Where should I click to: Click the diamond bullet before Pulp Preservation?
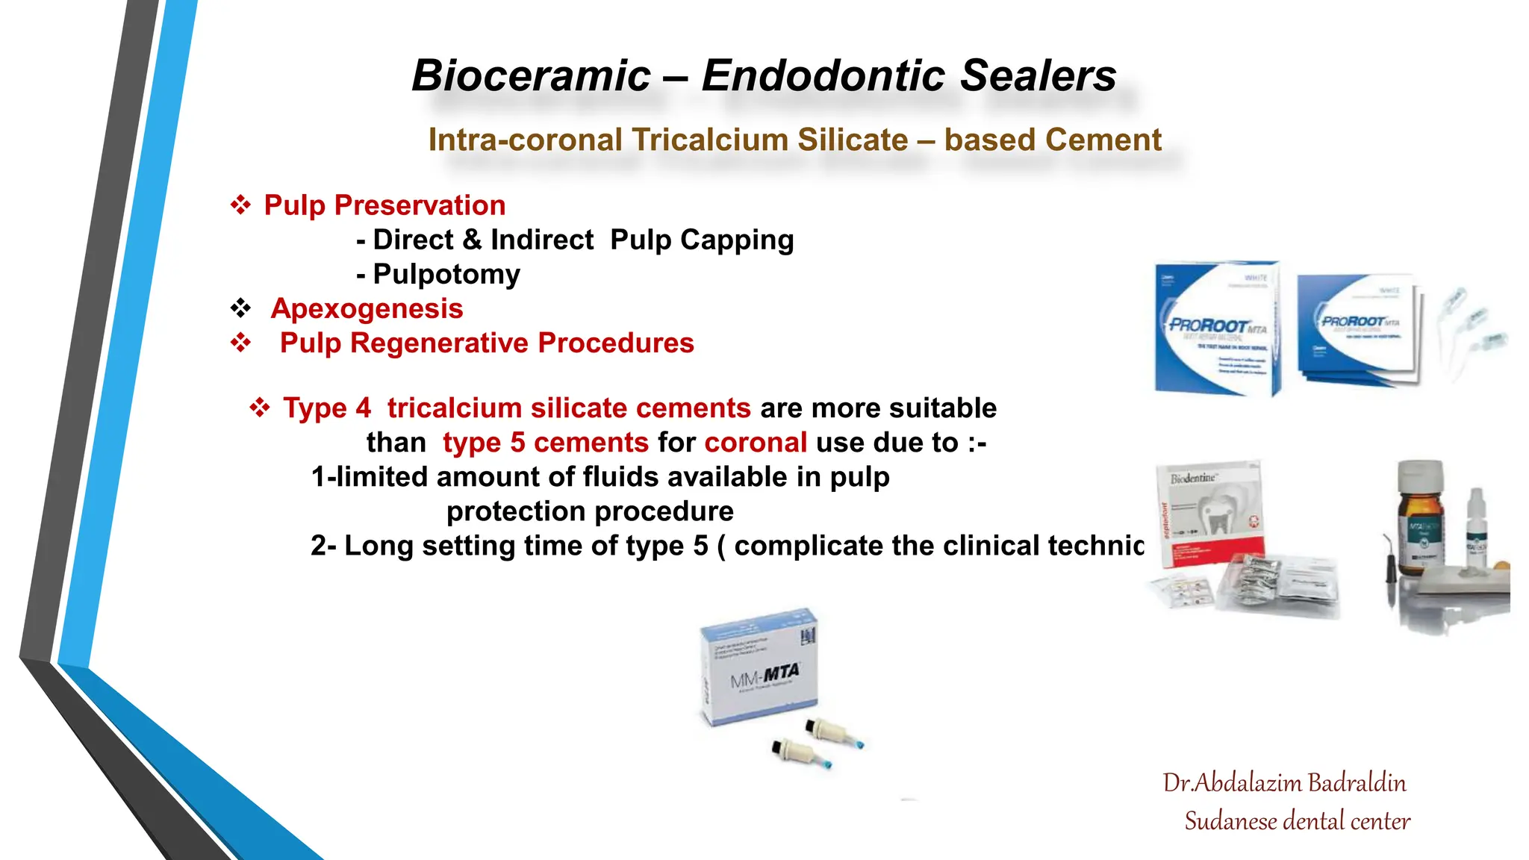[240, 205]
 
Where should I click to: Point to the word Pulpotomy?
[446, 274]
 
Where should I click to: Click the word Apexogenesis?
[367, 308]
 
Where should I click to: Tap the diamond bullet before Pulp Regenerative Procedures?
[240, 343]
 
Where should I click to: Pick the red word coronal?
[756, 443]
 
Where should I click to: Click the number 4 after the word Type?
[363, 408]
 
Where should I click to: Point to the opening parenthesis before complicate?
[720, 546]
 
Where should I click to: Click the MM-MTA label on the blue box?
[764, 676]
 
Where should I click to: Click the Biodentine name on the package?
[1193, 478]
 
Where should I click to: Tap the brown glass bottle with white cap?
[1419, 519]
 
